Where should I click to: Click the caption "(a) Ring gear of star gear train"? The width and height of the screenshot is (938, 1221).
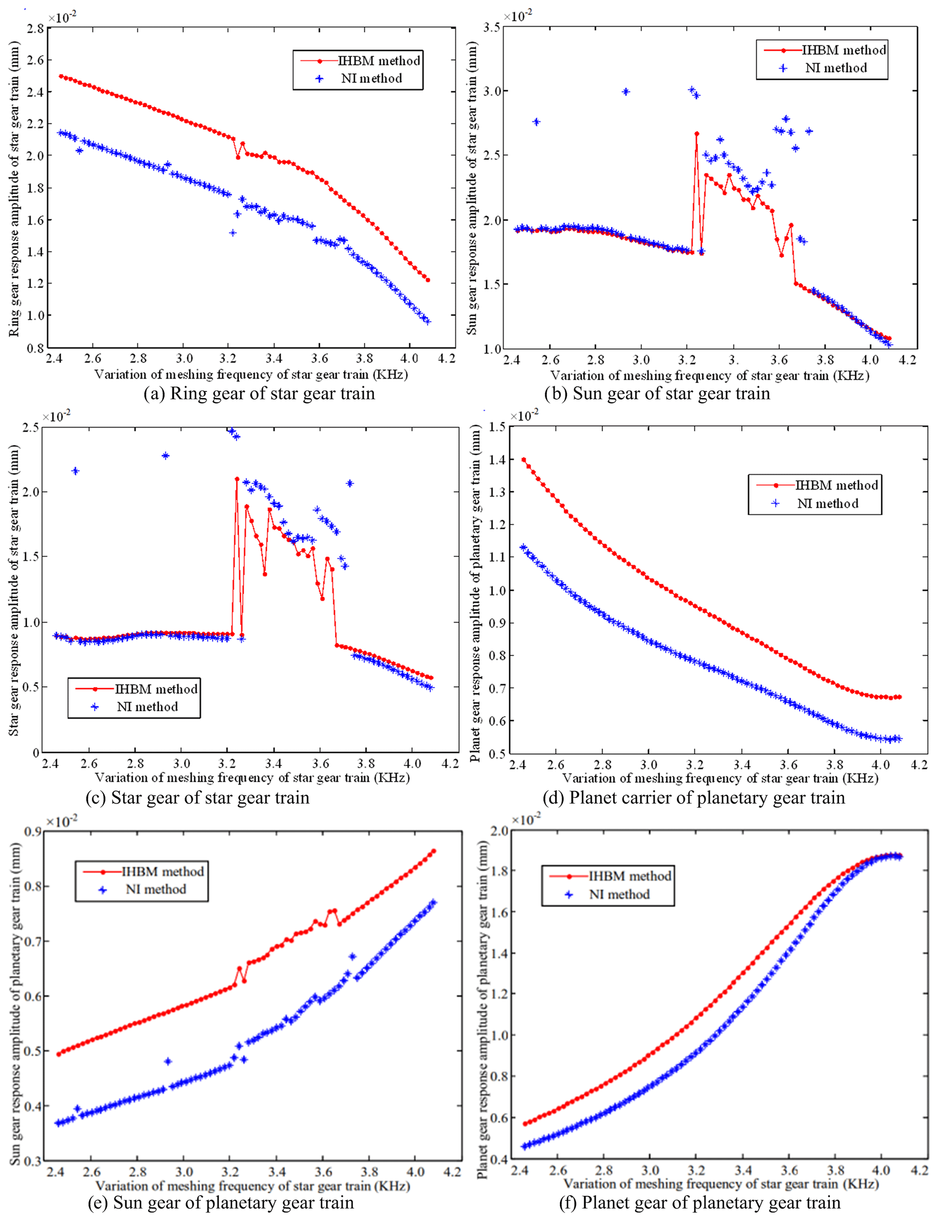click(x=259, y=393)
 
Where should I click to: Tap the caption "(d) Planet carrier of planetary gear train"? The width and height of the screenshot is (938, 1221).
click(x=693, y=798)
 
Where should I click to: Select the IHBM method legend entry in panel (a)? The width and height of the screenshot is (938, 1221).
click(x=378, y=61)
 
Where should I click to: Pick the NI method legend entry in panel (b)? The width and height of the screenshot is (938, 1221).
click(x=836, y=68)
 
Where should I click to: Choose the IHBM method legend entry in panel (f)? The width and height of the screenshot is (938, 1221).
click(x=630, y=876)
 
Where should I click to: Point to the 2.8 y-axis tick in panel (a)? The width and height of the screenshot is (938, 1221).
click(x=36, y=29)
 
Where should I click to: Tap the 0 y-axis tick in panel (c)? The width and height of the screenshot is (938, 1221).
click(x=36, y=753)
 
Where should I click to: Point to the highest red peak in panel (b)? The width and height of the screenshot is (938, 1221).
click(x=696, y=134)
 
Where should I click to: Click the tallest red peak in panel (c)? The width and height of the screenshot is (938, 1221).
click(x=237, y=479)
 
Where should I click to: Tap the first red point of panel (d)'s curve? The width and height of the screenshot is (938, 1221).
click(x=523, y=460)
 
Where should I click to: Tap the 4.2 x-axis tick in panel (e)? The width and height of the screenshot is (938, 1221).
click(x=453, y=1172)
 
